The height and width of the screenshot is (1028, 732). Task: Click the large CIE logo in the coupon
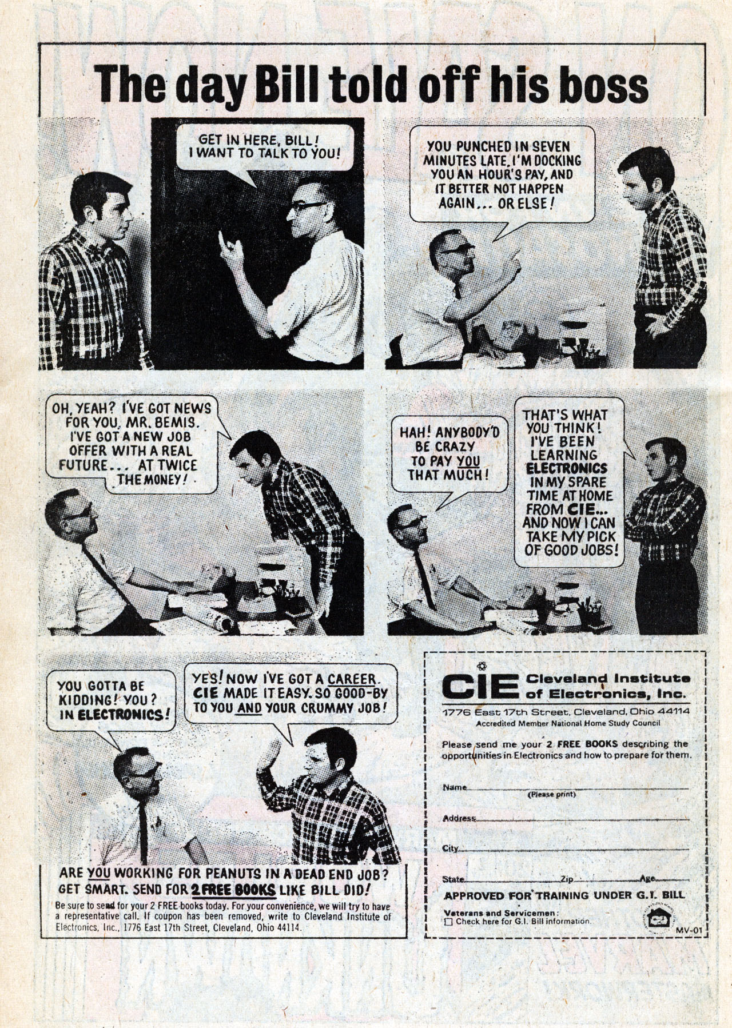click(x=480, y=686)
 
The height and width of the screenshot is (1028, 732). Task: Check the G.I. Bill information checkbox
click(x=448, y=922)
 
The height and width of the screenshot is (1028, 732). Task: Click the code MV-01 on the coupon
click(x=688, y=931)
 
